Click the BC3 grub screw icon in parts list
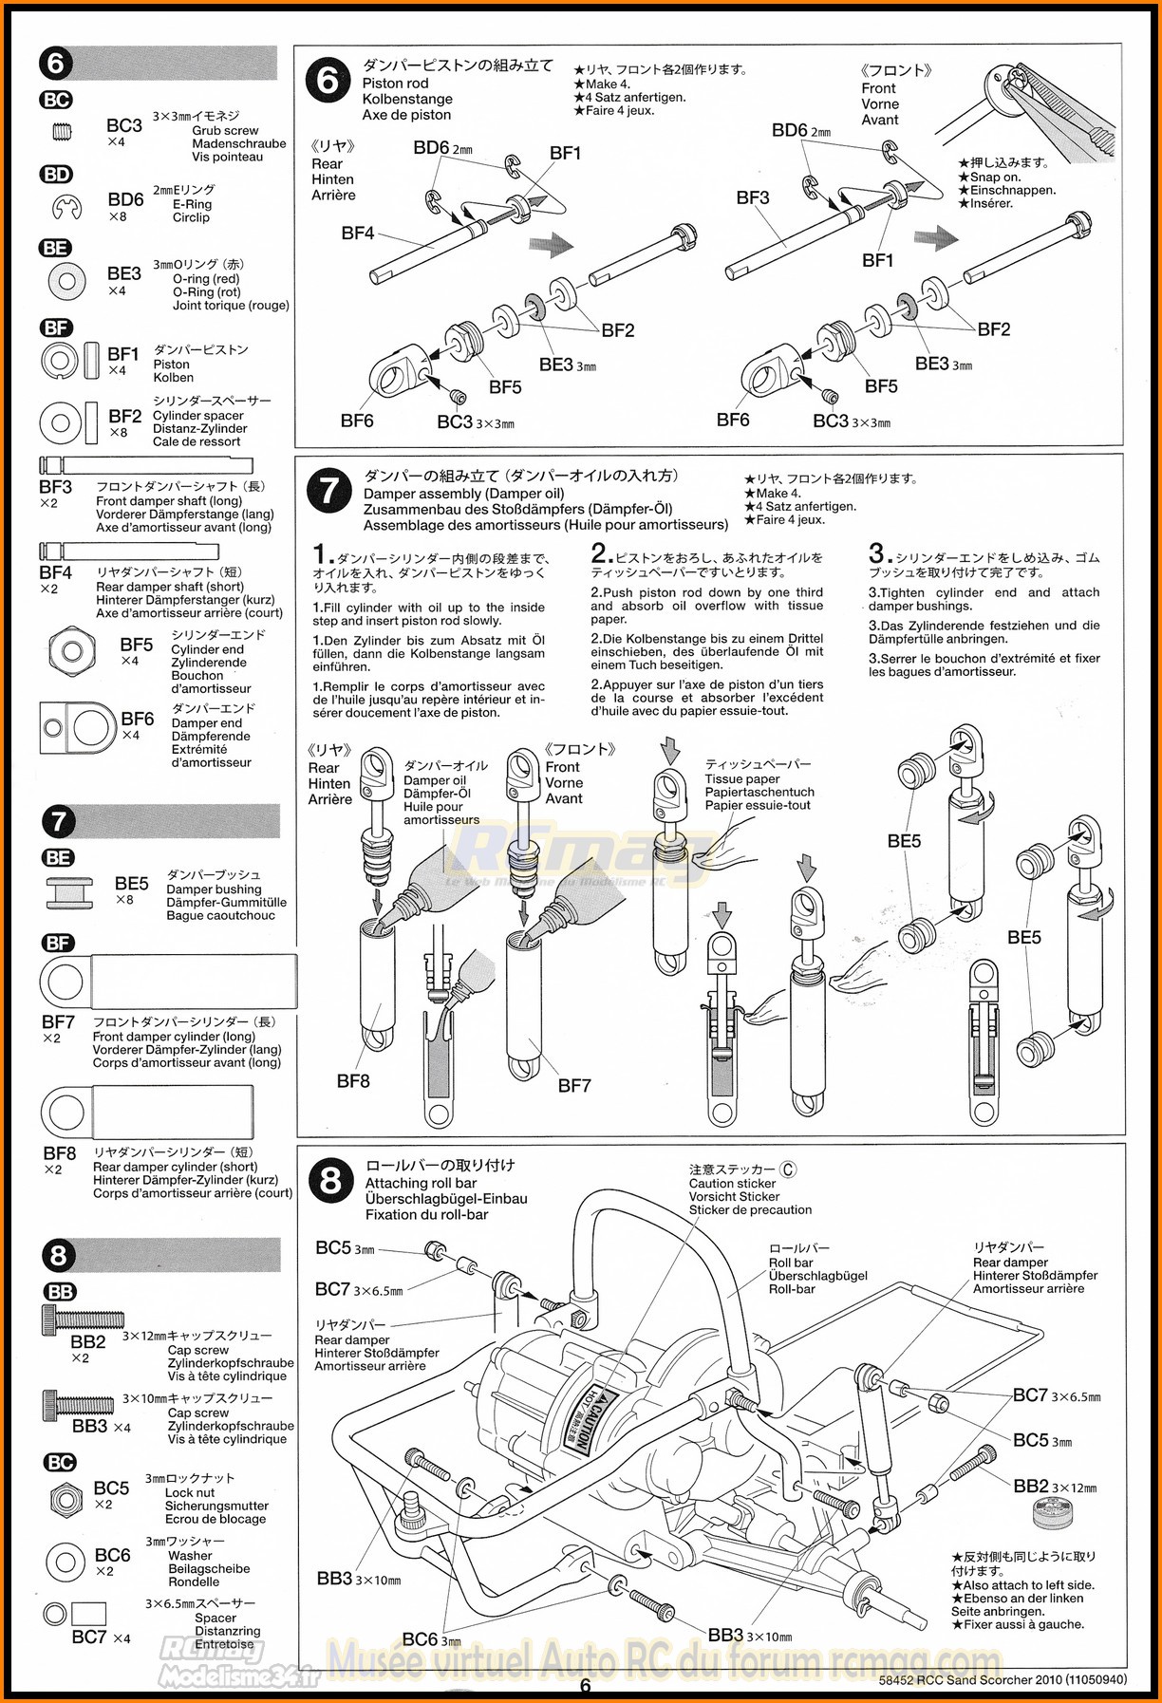click(x=62, y=132)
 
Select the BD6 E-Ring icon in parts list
click(x=66, y=205)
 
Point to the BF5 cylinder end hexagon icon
click(x=72, y=650)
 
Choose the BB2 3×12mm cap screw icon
click(x=82, y=1319)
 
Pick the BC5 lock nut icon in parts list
click(x=64, y=1499)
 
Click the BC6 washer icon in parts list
click(x=65, y=1561)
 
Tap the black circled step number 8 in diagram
click(x=329, y=1180)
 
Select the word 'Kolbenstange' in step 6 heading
click(x=407, y=99)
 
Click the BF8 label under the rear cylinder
click(x=353, y=1080)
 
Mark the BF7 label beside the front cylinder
click(x=574, y=1085)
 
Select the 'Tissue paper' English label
click(x=741, y=778)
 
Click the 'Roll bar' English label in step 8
click(x=790, y=1263)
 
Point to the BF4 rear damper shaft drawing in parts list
click(x=128, y=551)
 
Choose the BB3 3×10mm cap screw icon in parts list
click(x=78, y=1403)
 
